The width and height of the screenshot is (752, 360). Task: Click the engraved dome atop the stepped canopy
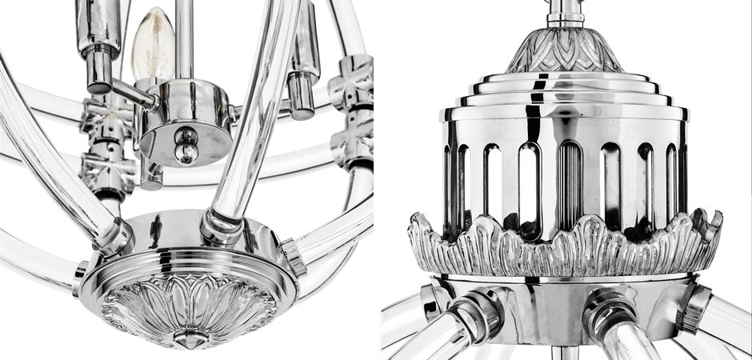[564, 52]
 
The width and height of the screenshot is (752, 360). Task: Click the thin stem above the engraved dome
[565, 12]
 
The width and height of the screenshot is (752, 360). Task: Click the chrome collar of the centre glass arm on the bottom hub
[221, 226]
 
